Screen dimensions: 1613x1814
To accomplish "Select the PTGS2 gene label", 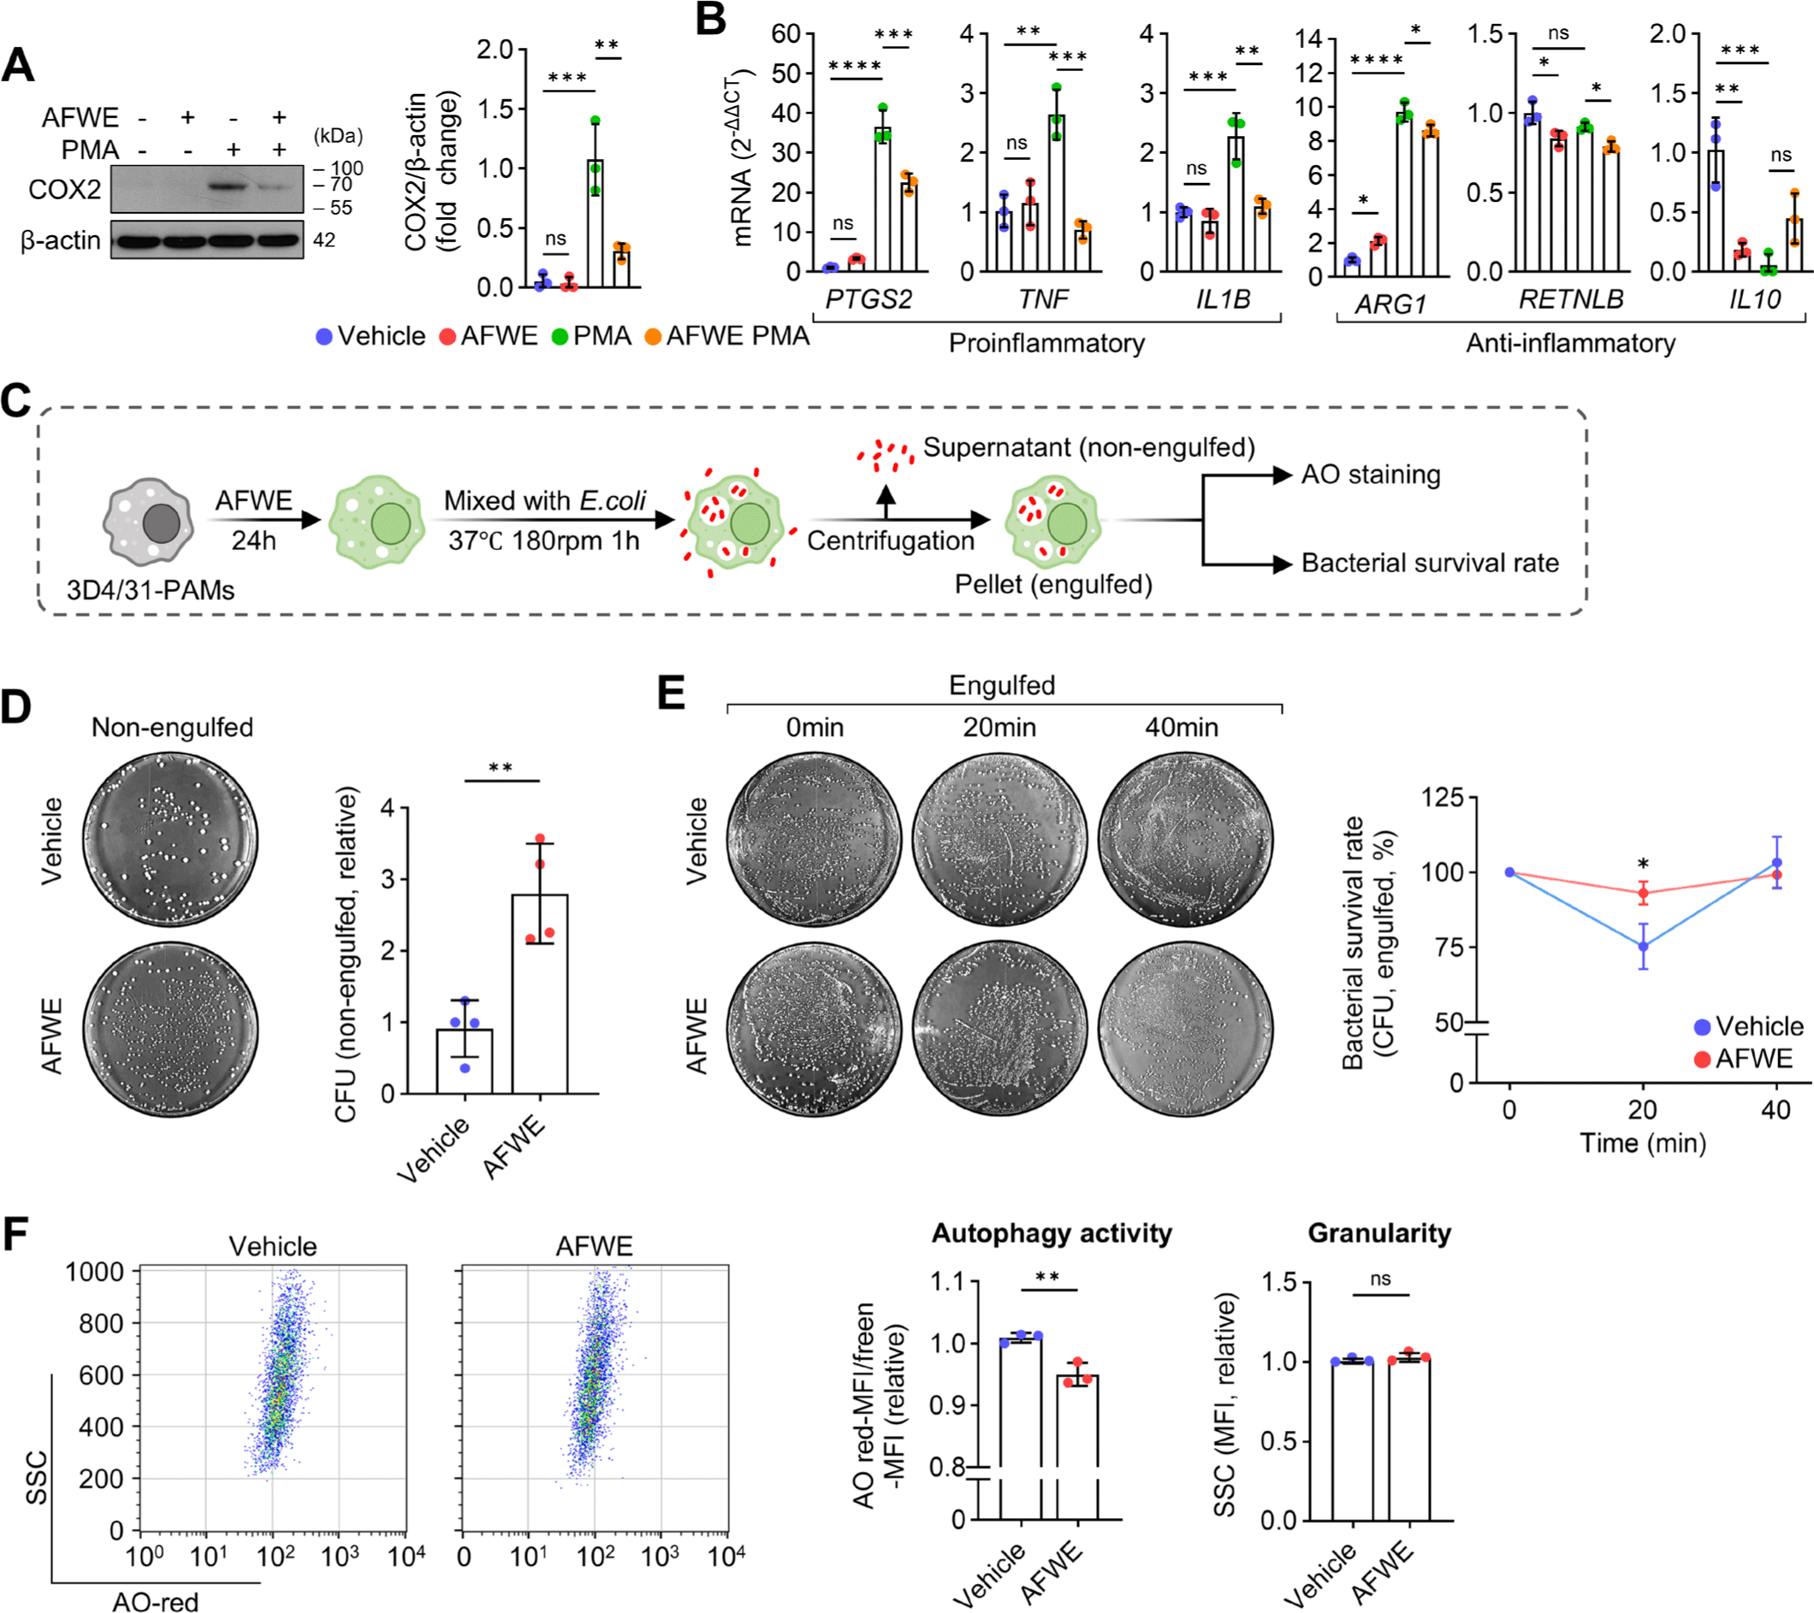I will (868, 299).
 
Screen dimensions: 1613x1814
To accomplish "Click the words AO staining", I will (1370, 475).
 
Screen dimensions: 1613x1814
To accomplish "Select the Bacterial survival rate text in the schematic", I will (1429, 563).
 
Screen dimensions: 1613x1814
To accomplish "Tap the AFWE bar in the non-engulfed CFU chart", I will (540, 994).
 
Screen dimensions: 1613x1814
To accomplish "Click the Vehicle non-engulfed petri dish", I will (171, 839).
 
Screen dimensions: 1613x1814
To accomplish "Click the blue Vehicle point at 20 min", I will (1643, 947).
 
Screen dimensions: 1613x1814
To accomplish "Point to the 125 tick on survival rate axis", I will (1442, 797).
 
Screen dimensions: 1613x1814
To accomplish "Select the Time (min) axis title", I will (1642, 1142).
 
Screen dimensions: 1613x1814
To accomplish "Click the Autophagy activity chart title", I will (1051, 1232).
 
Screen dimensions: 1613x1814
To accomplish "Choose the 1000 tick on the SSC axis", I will (95, 1273).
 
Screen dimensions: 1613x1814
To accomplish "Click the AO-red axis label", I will (156, 1600).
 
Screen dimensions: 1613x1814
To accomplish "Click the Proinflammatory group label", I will (1046, 343).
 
